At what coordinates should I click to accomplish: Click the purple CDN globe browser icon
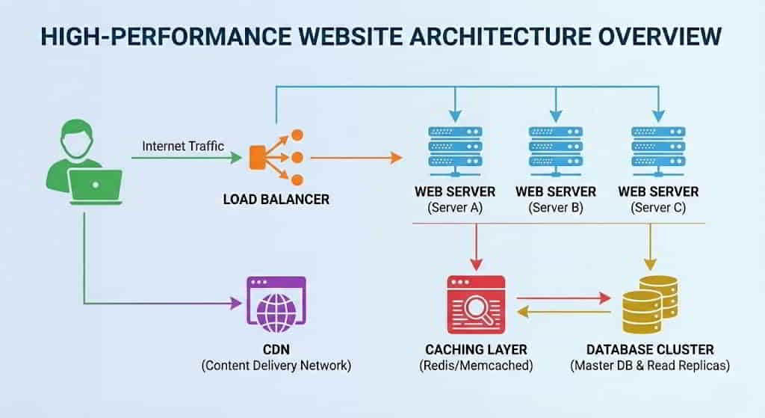click(x=276, y=304)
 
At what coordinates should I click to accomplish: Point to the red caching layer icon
click(x=476, y=304)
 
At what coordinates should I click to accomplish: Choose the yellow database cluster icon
click(x=648, y=304)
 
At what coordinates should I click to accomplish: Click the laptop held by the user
click(x=96, y=185)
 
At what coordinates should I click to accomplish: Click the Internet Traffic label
click(x=183, y=147)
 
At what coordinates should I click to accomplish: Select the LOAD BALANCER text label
click(x=276, y=200)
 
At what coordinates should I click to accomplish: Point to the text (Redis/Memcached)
click(x=476, y=366)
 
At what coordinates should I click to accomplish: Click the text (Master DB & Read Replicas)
click(x=649, y=366)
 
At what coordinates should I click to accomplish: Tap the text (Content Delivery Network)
click(x=276, y=366)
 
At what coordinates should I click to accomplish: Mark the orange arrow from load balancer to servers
click(x=356, y=158)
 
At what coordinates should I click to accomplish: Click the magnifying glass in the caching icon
click(x=478, y=307)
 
